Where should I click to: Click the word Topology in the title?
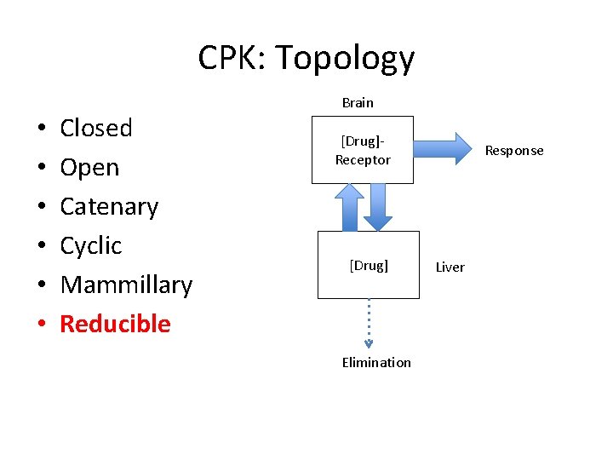pos(345,59)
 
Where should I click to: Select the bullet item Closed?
pos(96,128)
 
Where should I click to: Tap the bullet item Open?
pos(89,168)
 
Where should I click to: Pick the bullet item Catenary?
pos(109,207)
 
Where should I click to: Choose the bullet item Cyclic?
pos(91,246)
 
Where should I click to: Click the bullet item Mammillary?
pos(126,285)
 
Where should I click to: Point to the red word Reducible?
pos(115,324)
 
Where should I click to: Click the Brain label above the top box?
pos(358,102)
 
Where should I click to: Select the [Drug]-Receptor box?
pos(363,150)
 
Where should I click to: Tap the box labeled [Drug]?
pos(369,265)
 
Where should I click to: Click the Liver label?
pos(450,267)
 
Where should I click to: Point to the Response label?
pos(513,151)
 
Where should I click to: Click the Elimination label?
pos(376,362)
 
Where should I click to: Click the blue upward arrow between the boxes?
pos(348,207)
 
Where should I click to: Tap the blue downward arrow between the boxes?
pos(377,207)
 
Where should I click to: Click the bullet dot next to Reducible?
pos(42,325)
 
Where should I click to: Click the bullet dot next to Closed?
pos(42,129)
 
